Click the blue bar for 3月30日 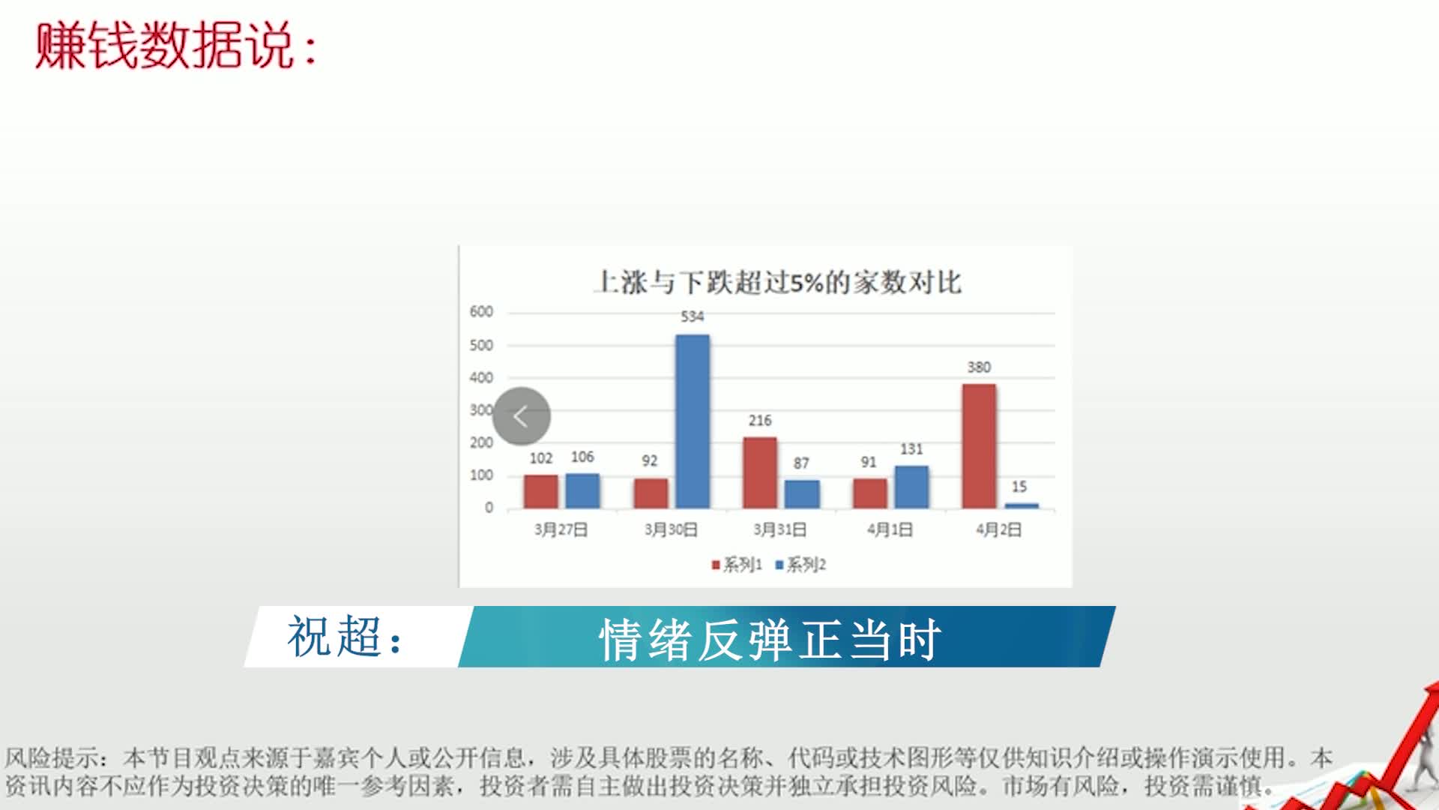click(x=693, y=421)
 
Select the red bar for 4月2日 click(x=979, y=446)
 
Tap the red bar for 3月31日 click(x=760, y=472)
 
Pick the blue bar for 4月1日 click(x=911, y=487)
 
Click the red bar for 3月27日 click(x=541, y=491)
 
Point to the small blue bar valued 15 click(x=1022, y=505)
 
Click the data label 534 click(x=693, y=316)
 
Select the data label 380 click(x=979, y=367)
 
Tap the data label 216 click(x=760, y=420)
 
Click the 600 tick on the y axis click(x=481, y=311)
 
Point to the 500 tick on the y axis click(x=481, y=345)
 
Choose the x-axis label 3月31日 click(x=780, y=529)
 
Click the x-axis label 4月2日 click(x=998, y=529)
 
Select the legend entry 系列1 click(x=737, y=564)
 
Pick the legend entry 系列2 click(x=800, y=564)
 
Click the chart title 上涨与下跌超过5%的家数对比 click(x=777, y=282)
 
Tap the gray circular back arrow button click(x=522, y=415)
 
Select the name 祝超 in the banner click(x=334, y=637)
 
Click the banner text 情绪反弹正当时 click(x=770, y=640)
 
